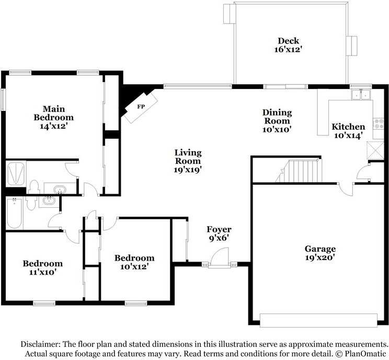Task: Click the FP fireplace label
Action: (x=141, y=107)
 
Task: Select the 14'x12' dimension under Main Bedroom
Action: (x=53, y=126)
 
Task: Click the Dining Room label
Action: (x=277, y=120)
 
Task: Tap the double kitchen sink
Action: (x=360, y=95)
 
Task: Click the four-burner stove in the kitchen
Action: (x=378, y=125)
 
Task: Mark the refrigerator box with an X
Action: (x=375, y=150)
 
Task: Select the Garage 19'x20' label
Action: (x=320, y=253)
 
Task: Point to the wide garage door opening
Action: (x=318, y=319)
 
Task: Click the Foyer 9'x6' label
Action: (x=219, y=233)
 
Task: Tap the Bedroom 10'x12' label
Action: (x=134, y=262)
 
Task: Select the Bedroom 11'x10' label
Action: (x=42, y=267)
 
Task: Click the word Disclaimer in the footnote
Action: (x=40, y=344)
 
